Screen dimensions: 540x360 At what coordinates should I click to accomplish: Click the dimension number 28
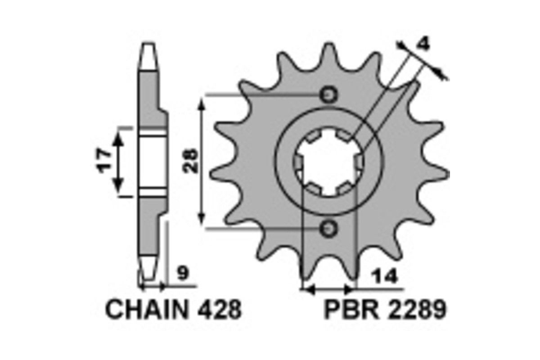pyautogui.click(x=190, y=161)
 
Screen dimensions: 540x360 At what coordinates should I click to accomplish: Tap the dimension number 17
pyautogui.click(x=104, y=161)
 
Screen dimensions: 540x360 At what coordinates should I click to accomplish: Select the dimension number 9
pyautogui.click(x=183, y=273)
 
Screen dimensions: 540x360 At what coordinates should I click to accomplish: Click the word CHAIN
pyautogui.click(x=147, y=309)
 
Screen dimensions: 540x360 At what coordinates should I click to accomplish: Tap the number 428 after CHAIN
pyautogui.click(x=220, y=309)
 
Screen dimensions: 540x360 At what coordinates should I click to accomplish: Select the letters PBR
pyautogui.click(x=351, y=309)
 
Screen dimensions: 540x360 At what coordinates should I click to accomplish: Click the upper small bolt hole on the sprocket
pyautogui.click(x=328, y=95)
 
